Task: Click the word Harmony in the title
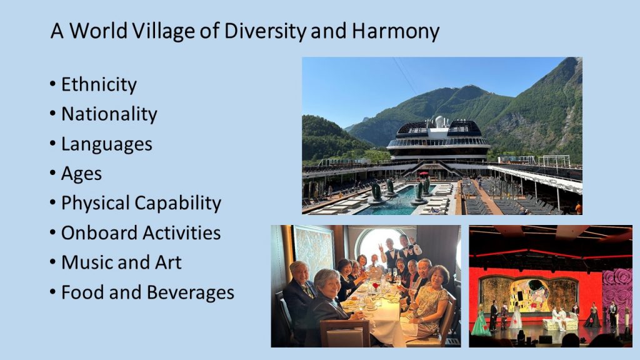coord(396,31)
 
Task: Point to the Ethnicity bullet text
coord(99,84)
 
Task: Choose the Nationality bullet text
coord(109,114)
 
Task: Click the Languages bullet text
coord(106,144)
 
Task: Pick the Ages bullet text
coord(81,174)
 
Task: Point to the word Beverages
coord(190,292)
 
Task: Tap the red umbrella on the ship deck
coord(424,174)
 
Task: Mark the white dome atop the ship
coord(439,121)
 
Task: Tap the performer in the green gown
coord(481,321)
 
